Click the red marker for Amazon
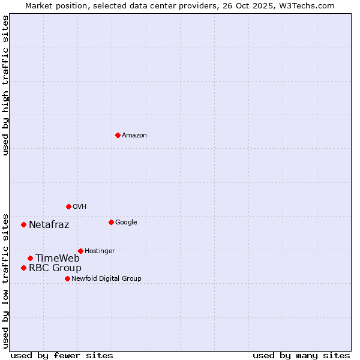(118, 135)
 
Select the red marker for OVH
(68, 206)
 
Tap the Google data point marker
(111, 222)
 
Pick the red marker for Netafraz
(23, 224)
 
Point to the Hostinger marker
(80, 251)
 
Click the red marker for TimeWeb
(30, 258)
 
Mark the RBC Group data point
(23, 268)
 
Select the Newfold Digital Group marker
(67, 278)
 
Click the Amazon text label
(134, 136)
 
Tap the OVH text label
(80, 207)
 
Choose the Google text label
(126, 223)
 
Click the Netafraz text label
(49, 225)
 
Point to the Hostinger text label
(100, 251)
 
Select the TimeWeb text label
(58, 259)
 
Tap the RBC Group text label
(55, 268)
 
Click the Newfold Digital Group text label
(106, 279)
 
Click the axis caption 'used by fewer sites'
(62, 355)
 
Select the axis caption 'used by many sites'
(301, 355)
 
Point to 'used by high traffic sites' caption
(6, 85)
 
